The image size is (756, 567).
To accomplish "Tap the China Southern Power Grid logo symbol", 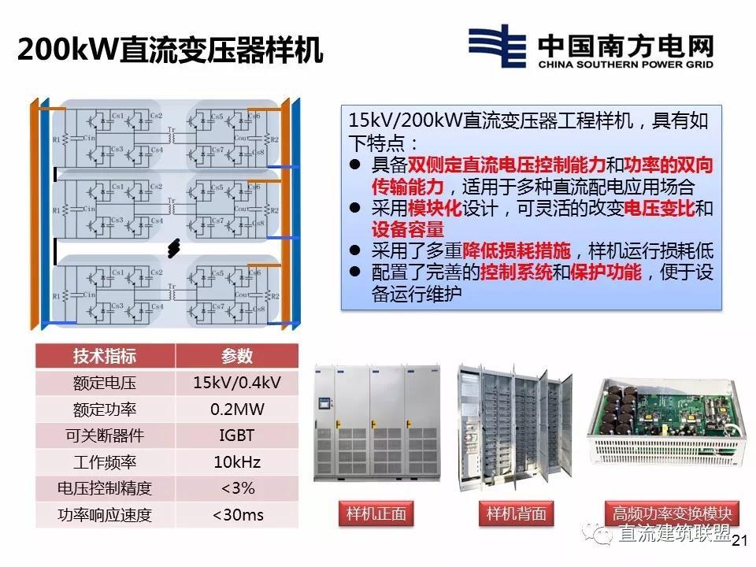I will (x=498, y=49).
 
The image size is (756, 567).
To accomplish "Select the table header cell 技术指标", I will (x=105, y=355).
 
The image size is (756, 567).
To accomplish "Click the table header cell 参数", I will (x=236, y=355).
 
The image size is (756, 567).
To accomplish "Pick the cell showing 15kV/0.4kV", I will (x=236, y=383).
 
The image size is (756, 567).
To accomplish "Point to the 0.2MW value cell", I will (x=236, y=409).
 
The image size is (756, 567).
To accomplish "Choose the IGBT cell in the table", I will (x=236, y=435).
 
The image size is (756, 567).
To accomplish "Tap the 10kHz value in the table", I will (x=236, y=462).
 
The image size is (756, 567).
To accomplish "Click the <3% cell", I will (x=236, y=489).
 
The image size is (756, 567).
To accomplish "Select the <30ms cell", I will (x=236, y=516).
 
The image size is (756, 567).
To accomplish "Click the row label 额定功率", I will (x=105, y=409).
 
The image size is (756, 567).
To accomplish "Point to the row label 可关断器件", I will (x=105, y=435).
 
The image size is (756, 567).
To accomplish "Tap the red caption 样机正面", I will (x=376, y=514).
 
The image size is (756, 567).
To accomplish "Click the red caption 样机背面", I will (x=516, y=514).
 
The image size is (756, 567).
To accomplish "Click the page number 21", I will (x=739, y=541).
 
